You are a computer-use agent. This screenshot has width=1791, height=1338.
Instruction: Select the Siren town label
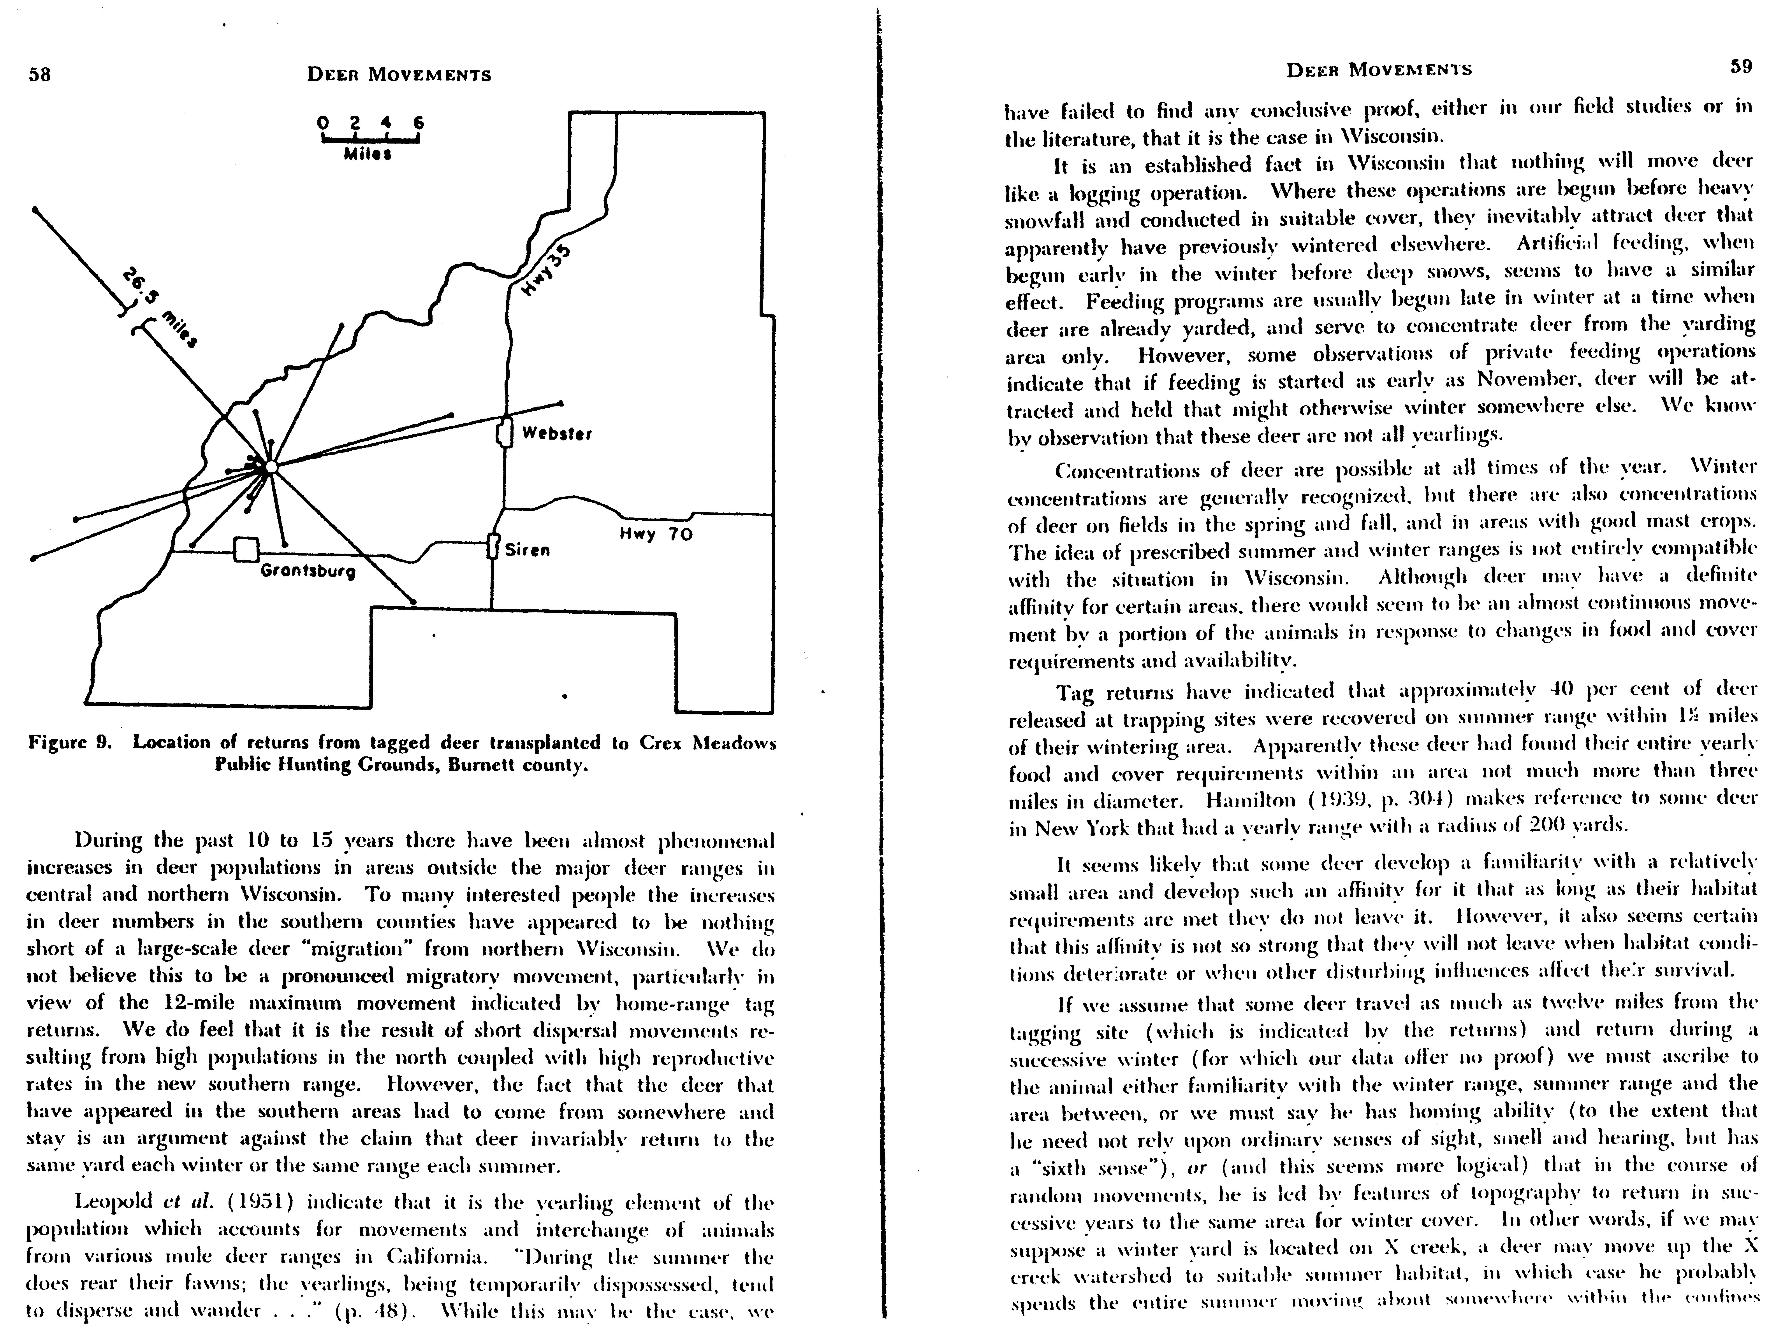(x=527, y=551)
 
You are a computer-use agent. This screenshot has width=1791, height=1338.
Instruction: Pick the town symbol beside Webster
(x=505, y=433)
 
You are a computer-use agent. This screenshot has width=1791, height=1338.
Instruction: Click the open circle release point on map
(x=271, y=467)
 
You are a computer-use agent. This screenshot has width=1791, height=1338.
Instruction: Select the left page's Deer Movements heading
(x=399, y=74)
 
